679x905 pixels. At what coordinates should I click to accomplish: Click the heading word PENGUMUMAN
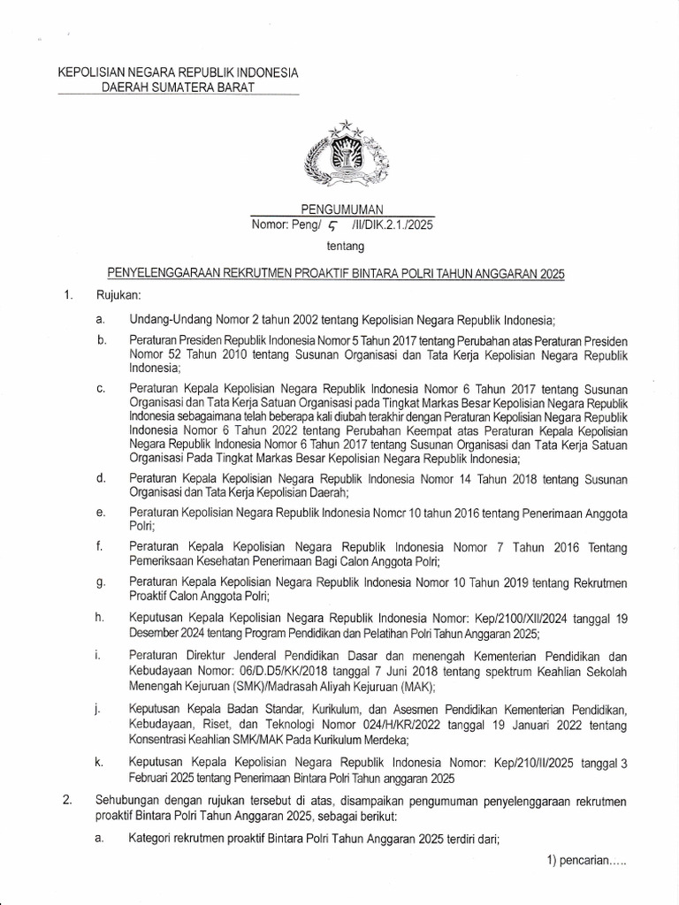click(340, 209)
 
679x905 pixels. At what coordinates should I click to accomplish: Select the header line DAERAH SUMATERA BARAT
click(178, 87)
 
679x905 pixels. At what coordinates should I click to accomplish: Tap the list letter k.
click(101, 760)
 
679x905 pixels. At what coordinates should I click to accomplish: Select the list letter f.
click(100, 548)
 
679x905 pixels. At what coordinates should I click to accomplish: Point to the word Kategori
click(154, 841)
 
